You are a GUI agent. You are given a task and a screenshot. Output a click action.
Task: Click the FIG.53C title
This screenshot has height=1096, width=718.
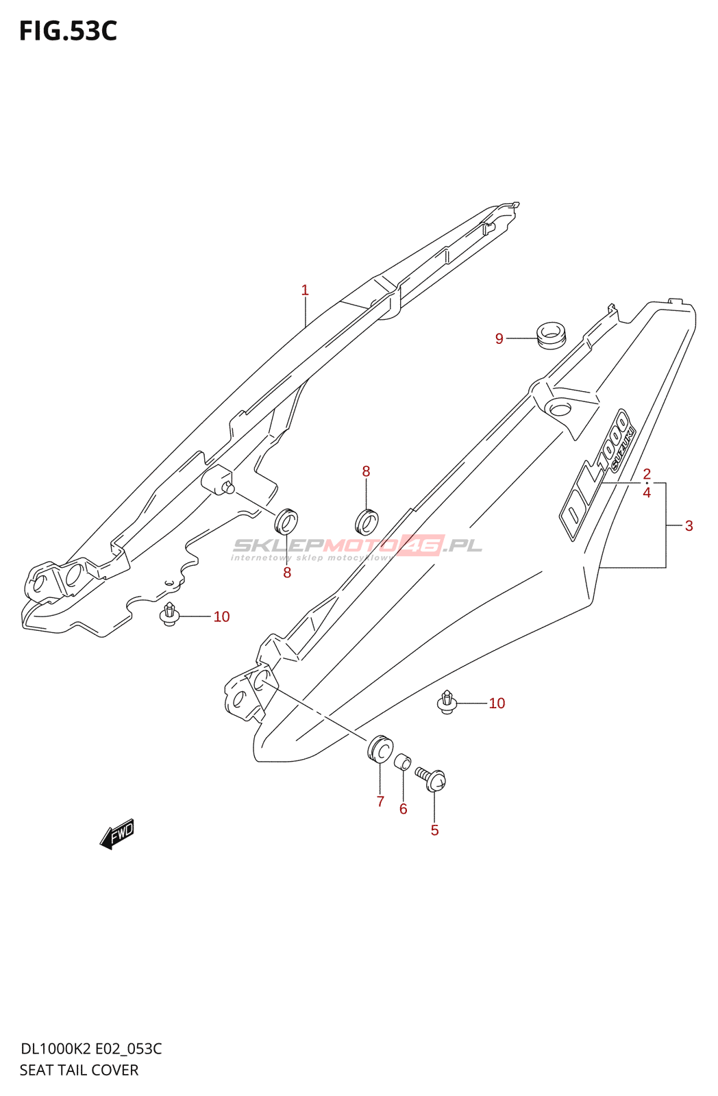click(69, 32)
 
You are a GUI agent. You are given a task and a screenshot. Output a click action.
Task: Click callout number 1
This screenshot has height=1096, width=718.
click(305, 290)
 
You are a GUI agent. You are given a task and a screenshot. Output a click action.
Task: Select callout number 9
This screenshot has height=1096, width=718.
click(499, 339)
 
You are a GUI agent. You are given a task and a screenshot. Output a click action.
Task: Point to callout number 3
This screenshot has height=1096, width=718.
click(689, 526)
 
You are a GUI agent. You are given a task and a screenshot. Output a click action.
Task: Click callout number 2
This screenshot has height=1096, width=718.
click(646, 474)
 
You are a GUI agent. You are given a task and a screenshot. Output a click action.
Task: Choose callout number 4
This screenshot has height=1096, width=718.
click(646, 493)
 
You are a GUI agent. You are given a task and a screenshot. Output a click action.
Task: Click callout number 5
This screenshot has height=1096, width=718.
click(434, 830)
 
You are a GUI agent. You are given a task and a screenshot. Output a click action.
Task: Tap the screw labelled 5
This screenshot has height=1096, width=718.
click(432, 779)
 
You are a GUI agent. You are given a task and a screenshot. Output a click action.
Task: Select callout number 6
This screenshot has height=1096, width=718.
click(403, 810)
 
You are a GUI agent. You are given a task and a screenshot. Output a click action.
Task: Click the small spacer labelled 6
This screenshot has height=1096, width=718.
click(402, 762)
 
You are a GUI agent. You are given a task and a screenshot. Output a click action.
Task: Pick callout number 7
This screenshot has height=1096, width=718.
click(380, 801)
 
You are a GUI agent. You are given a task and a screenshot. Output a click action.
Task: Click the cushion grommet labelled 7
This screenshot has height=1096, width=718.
click(380, 748)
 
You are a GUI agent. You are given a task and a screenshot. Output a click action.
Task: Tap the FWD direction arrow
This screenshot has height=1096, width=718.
click(117, 834)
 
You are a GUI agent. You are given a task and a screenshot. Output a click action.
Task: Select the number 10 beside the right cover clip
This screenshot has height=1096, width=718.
click(497, 703)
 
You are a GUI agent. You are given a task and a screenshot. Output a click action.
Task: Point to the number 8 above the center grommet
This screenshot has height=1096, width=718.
click(366, 471)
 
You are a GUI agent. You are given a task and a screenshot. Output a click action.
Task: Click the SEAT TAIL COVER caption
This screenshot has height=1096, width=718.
click(79, 1070)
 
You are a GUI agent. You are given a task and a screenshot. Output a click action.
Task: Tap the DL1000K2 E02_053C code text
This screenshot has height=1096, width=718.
click(91, 1049)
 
